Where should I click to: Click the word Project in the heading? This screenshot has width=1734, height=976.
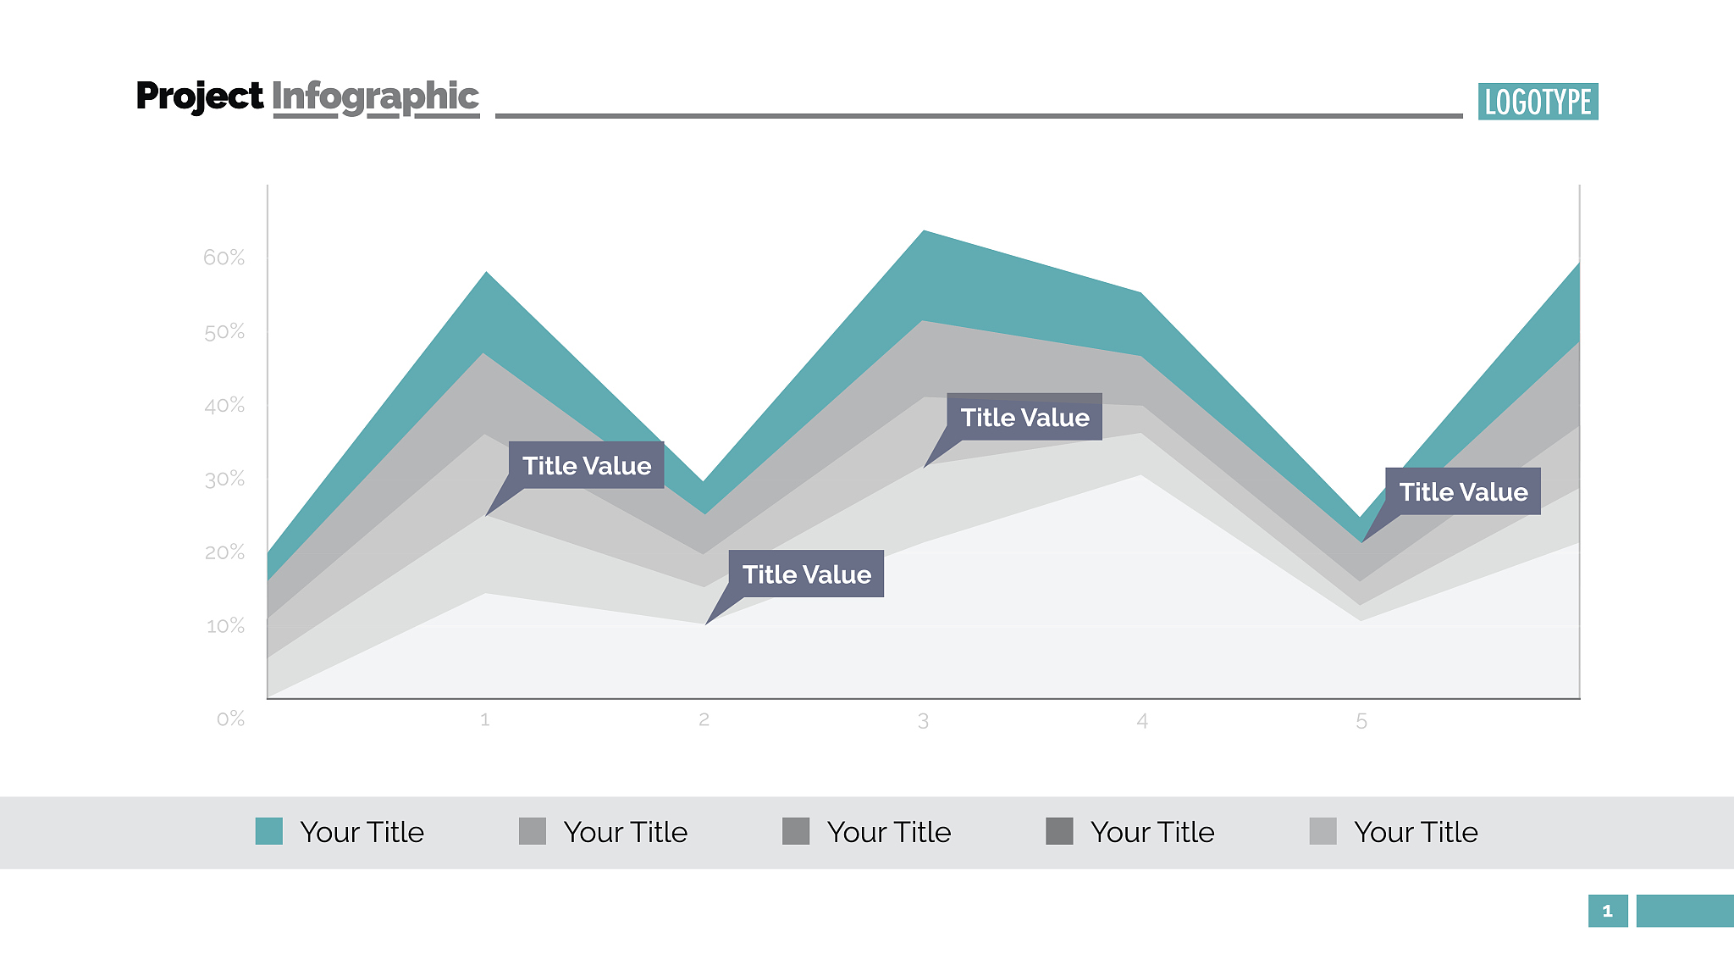click(199, 97)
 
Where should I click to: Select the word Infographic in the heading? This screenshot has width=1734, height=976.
click(375, 97)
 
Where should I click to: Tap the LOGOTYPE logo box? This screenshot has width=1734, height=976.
click(1538, 102)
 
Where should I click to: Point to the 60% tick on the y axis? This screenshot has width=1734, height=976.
click(224, 258)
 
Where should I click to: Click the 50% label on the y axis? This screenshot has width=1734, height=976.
click(224, 332)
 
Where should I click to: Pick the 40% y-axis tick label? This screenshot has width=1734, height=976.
click(224, 406)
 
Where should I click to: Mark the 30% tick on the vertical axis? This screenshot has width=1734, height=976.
click(224, 480)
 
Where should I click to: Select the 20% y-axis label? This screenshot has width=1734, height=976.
click(224, 552)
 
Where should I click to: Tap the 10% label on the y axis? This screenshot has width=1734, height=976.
click(224, 626)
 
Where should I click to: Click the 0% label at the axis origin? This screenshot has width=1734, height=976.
click(230, 719)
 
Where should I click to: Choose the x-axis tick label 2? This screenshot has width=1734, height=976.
click(704, 720)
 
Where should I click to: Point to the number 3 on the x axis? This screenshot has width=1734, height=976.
click(923, 721)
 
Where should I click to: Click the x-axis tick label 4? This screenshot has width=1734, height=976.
click(1142, 721)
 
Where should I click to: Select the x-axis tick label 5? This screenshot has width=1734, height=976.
click(1361, 721)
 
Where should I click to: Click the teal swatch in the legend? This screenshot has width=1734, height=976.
click(269, 831)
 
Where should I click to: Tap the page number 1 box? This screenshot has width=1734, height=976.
click(1607, 911)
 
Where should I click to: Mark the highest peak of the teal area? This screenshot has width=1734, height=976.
click(924, 231)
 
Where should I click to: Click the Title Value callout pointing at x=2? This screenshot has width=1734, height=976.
click(806, 574)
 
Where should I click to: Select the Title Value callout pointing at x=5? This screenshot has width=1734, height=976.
click(1462, 491)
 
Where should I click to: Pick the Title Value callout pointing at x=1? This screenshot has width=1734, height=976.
click(586, 465)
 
